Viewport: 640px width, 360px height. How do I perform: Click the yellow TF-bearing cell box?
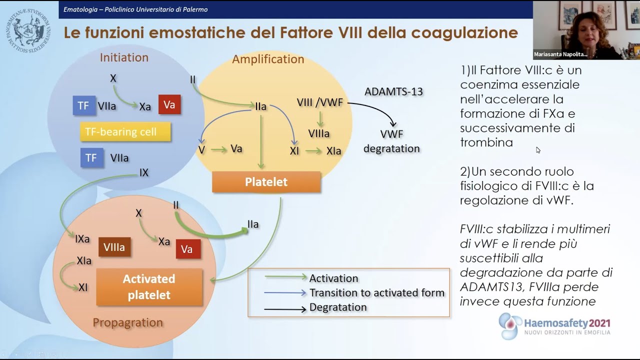(125, 132)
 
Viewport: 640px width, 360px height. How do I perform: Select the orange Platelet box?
(266, 182)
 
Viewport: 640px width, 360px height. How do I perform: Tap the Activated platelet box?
(149, 287)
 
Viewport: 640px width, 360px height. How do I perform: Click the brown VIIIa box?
(114, 247)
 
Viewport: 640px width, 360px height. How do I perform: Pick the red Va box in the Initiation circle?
(169, 104)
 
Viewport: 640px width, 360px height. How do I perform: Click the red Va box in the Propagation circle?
(187, 249)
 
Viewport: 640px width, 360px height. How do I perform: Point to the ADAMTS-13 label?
(393, 91)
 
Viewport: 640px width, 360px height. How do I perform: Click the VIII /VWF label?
(320, 102)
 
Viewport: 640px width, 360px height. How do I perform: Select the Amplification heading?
(268, 59)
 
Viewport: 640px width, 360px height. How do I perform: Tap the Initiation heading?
(124, 57)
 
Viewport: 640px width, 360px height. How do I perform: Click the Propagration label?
(127, 322)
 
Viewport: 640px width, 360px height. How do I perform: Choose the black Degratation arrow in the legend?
(285, 309)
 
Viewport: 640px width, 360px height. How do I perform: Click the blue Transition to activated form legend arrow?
(285, 293)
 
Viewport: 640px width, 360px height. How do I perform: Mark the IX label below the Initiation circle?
(144, 173)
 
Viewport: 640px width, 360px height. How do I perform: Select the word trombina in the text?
(486, 142)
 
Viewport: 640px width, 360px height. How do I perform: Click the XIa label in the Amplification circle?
(333, 151)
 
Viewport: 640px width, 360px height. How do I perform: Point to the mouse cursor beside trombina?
(538, 149)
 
